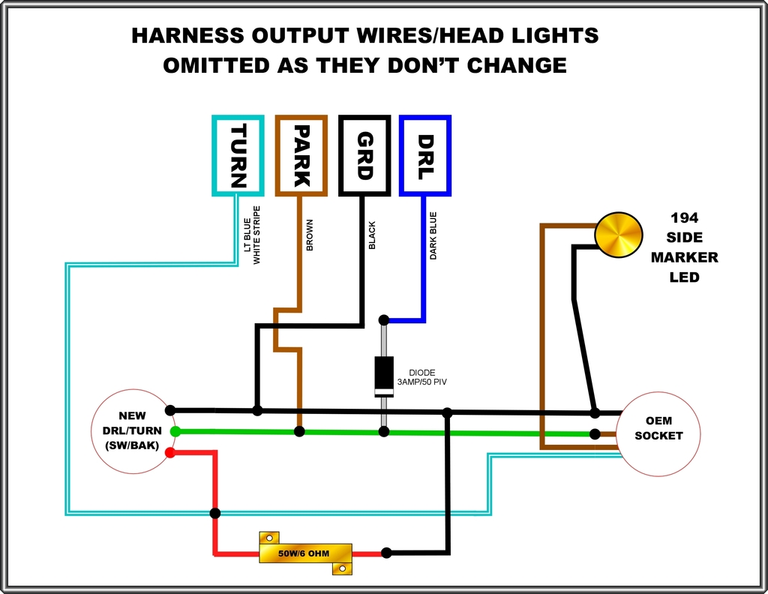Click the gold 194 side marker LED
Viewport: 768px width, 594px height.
(x=619, y=235)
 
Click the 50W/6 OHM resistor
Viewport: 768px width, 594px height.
(x=305, y=553)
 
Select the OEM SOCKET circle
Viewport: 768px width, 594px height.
(x=658, y=433)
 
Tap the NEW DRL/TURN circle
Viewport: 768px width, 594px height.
(x=133, y=431)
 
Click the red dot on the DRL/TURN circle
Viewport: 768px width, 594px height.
(x=170, y=452)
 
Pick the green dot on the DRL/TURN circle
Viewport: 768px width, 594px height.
(x=175, y=431)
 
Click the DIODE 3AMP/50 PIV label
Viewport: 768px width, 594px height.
(x=421, y=377)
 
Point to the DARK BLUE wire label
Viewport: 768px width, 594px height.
(x=433, y=235)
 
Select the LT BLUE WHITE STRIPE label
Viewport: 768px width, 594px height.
(x=252, y=235)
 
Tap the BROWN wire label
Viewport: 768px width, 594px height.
(x=310, y=235)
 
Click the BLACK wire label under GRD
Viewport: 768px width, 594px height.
(x=372, y=235)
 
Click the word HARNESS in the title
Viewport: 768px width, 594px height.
(x=187, y=36)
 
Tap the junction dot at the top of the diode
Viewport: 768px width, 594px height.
(x=384, y=320)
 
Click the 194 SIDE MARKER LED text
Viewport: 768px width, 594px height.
(x=684, y=247)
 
